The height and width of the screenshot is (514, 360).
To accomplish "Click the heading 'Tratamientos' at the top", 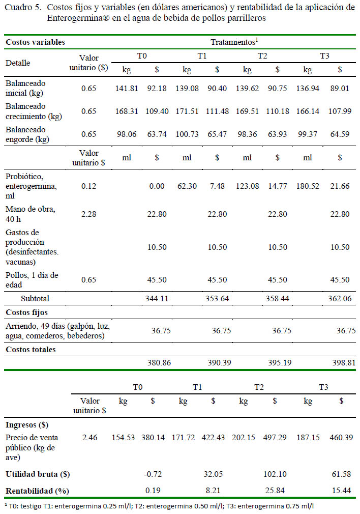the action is point(233,42).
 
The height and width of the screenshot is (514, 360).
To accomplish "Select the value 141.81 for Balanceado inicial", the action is point(127,88).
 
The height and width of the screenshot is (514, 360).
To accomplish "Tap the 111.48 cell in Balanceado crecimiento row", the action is point(217,111).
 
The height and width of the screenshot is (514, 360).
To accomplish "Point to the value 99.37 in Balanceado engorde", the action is point(307,134).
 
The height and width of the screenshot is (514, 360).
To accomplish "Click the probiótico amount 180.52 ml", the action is point(307,186).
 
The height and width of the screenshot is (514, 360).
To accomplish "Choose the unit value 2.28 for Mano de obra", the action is point(89,214).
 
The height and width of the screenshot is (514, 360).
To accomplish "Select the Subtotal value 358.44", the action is point(278,299).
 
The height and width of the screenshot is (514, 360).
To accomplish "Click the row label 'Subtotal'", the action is point(35,299).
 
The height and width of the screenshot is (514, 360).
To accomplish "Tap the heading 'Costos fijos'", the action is point(26,312).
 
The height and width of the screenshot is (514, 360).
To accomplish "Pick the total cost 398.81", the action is point(343,362).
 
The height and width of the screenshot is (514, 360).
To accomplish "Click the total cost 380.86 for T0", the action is point(159,362).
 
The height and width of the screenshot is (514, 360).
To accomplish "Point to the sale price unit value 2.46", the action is point(89,438).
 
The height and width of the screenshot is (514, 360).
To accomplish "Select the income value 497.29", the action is point(275,438).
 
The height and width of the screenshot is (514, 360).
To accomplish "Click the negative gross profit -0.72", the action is point(153,474).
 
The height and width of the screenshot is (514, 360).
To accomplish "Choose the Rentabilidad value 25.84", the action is point(275,491).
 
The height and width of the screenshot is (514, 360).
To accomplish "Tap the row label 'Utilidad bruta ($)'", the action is point(38,474).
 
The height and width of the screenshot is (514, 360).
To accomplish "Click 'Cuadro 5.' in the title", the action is point(23,8).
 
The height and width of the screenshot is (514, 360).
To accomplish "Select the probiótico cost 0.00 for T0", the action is point(157,186).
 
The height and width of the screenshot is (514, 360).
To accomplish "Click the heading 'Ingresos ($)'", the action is point(27,425).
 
